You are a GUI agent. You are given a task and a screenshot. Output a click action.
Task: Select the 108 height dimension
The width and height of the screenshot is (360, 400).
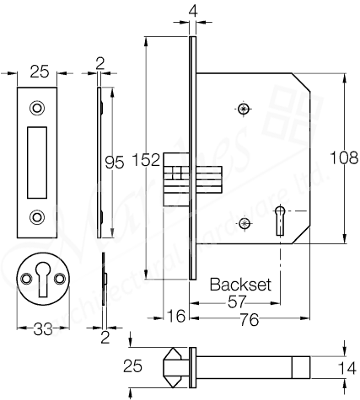coord(343,156)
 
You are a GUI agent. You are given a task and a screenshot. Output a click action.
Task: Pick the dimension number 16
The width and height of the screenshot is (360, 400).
coord(176,317)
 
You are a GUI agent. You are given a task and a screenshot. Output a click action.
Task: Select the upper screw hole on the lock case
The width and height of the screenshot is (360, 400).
coord(244,108)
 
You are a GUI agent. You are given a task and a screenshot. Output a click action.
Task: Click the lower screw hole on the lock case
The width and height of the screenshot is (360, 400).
coord(244,223)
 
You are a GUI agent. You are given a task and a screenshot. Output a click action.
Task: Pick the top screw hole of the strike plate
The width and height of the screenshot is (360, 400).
coord(37,109)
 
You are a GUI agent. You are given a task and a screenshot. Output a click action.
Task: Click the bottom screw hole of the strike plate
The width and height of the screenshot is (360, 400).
coord(37,217)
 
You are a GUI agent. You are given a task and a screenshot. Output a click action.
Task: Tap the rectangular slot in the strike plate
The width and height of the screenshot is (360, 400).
coord(37,162)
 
